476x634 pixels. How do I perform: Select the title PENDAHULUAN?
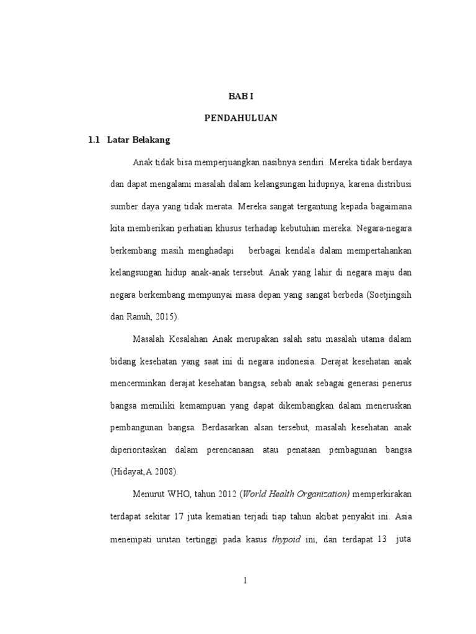(241, 118)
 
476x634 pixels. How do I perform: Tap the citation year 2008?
(162, 471)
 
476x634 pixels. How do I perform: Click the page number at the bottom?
(245, 581)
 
